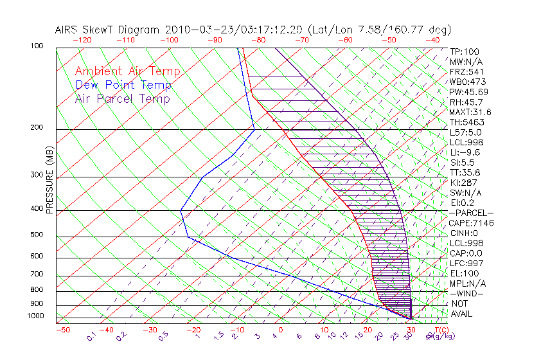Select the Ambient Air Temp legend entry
point(127,71)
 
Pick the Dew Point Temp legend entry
point(123,85)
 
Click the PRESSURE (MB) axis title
point(49,180)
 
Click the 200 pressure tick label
point(37,128)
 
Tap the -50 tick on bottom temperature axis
point(62,330)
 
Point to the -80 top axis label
point(258,40)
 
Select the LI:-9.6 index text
point(465,152)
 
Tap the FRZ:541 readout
point(466,71)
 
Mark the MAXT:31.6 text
point(470,112)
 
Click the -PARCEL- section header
point(471,213)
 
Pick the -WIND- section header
point(467,293)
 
